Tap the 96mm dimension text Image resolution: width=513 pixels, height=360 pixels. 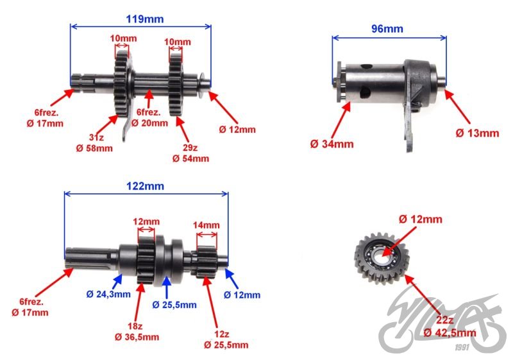click(387, 28)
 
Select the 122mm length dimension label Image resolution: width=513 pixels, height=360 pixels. click(146, 186)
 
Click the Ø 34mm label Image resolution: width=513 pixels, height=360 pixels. click(332, 144)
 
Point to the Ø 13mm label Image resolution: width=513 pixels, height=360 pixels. click(477, 133)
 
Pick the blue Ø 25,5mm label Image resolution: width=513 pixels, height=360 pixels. click(174, 304)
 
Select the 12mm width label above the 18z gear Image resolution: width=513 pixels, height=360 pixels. click(146, 222)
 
